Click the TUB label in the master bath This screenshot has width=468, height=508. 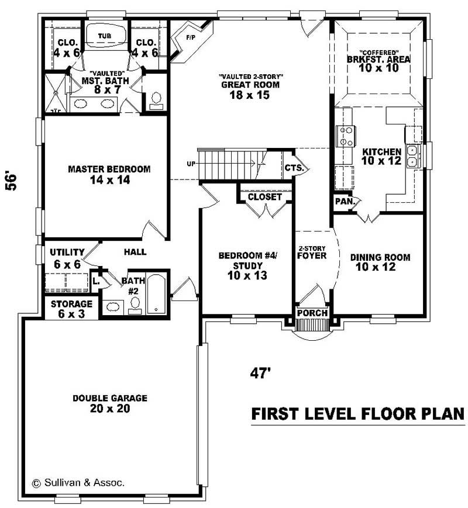[104, 36]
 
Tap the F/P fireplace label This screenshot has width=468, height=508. [190, 38]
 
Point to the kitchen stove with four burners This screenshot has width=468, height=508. [344, 136]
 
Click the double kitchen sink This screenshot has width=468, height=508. [412, 155]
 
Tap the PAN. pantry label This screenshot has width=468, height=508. [343, 202]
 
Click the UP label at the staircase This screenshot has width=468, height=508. [191, 164]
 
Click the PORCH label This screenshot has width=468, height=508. [312, 313]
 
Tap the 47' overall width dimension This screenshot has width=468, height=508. [261, 373]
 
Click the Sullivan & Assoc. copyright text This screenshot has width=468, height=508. [78, 483]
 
